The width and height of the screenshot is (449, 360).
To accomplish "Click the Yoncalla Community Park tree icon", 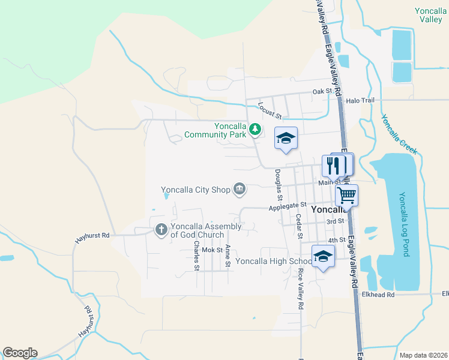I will (x=255, y=129).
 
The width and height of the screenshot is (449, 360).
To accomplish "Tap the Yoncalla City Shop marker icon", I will (x=239, y=190).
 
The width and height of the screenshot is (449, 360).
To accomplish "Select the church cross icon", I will (x=161, y=230).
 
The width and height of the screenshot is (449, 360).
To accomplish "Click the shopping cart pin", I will (x=346, y=194).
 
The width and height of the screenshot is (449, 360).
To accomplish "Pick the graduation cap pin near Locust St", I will (x=286, y=138).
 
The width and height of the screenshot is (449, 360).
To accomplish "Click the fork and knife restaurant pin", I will (x=334, y=165).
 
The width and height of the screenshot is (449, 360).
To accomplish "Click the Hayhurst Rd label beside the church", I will (x=92, y=236).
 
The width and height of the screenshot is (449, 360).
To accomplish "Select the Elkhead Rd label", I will (x=378, y=295).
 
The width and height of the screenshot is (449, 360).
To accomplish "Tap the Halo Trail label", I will (x=360, y=100).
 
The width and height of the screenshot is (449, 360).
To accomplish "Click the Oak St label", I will (x=322, y=91).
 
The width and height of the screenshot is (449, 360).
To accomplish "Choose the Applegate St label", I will (x=288, y=207).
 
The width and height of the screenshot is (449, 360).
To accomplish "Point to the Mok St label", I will (x=212, y=250).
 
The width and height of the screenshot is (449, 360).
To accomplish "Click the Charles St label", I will (x=196, y=256).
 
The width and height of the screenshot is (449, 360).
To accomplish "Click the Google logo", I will (x=20, y=353).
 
